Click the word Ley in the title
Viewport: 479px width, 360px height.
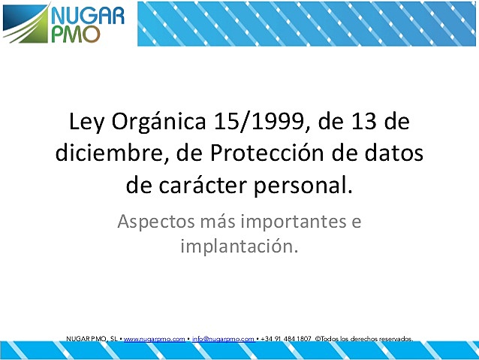[85, 123]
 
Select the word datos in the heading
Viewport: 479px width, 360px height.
[391, 153]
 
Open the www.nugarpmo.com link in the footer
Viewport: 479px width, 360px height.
[154, 340]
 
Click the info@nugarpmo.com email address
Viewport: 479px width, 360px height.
[223, 340]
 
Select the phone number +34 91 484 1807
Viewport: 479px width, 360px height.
[286, 340]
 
